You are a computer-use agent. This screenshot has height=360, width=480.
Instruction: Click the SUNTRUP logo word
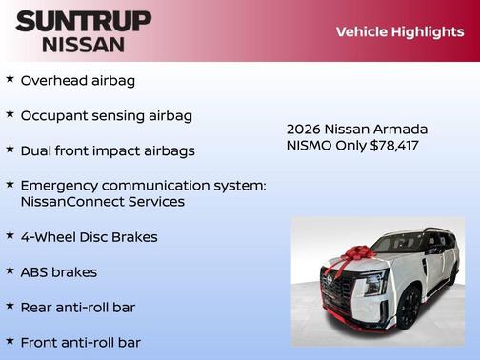click(x=83, y=21)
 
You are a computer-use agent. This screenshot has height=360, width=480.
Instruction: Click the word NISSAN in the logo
click(x=83, y=44)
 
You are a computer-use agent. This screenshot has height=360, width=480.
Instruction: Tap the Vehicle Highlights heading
click(x=399, y=31)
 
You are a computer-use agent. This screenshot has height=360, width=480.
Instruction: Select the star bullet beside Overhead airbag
click(x=10, y=80)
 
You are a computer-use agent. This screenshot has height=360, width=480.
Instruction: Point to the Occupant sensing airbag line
click(x=107, y=115)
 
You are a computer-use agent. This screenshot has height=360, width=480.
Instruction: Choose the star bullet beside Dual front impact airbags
click(x=10, y=150)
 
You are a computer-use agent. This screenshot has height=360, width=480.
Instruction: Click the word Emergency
click(x=63, y=185)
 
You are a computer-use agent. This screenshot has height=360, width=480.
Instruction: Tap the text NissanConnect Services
click(x=102, y=202)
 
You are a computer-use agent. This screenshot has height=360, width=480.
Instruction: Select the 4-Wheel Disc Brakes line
click(x=89, y=236)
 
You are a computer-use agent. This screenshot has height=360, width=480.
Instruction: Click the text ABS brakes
click(x=59, y=271)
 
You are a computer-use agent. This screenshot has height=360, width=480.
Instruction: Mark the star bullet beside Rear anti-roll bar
click(x=10, y=306)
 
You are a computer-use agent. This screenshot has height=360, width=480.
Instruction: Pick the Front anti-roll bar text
click(x=83, y=341)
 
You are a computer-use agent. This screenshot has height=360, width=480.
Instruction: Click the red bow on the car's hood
click(x=354, y=256)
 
